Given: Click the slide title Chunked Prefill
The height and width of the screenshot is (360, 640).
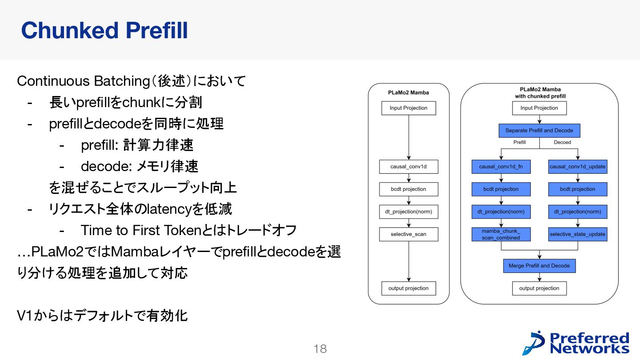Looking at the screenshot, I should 104,31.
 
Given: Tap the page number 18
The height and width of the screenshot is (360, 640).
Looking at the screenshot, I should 320,349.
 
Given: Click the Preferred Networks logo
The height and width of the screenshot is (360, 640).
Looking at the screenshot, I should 576,343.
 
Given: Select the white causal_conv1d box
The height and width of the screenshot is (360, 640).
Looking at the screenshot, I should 408,167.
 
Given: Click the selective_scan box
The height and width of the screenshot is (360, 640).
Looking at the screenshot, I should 408,234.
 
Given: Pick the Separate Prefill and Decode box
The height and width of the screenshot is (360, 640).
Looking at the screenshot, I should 539,131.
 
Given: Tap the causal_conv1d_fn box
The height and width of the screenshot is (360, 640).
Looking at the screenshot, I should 501,167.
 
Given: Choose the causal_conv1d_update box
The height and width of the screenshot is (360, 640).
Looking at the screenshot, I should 577,167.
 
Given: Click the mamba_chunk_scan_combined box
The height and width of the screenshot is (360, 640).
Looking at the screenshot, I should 501,234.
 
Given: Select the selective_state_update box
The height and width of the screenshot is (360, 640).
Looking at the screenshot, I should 577,234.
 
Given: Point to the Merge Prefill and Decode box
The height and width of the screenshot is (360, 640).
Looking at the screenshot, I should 539,266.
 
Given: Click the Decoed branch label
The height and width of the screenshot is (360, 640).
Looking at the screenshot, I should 562,142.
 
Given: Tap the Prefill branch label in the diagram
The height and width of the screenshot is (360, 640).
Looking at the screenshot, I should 520,142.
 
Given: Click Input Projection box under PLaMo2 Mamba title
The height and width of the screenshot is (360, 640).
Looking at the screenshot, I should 408,108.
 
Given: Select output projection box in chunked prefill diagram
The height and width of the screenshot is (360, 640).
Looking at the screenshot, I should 539,288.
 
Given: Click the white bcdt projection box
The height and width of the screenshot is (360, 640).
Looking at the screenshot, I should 408,189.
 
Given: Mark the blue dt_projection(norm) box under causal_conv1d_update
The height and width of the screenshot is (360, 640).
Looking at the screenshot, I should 577,212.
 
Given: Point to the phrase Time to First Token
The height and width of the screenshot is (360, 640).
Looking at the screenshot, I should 141,230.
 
